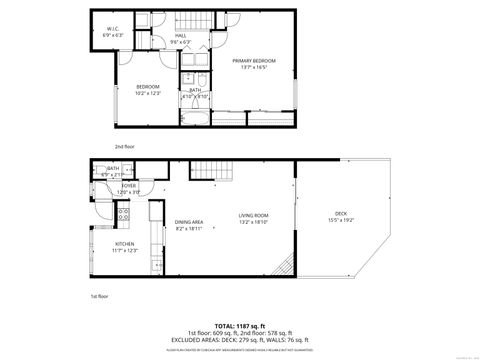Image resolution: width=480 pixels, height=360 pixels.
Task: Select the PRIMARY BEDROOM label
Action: pyautogui.click(x=254, y=62)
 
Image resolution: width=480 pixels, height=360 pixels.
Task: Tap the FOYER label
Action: pyautogui.click(x=129, y=185)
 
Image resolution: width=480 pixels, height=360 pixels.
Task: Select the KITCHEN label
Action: pyautogui.click(x=125, y=244)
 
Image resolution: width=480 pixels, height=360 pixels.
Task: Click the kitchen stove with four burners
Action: pyautogui.click(x=126, y=212)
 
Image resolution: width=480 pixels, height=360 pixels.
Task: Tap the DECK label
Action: pyautogui.click(x=340, y=213)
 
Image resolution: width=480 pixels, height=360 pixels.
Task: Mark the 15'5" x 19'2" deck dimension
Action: pyautogui.click(x=340, y=220)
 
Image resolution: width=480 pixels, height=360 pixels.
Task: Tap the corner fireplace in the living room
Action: pyautogui.click(x=285, y=266)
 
